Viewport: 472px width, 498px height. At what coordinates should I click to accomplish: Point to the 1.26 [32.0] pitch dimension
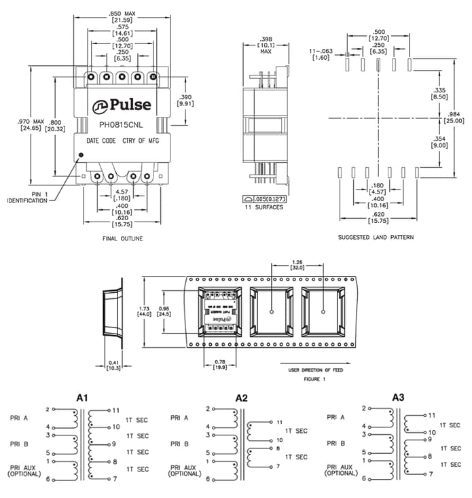click(x=297, y=264)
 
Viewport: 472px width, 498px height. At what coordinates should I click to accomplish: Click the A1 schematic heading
click(x=81, y=397)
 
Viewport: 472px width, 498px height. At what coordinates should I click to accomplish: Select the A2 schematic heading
click(x=242, y=397)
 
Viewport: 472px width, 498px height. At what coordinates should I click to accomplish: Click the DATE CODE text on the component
click(x=101, y=141)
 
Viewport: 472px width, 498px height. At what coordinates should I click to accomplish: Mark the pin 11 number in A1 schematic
click(x=116, y=410)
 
